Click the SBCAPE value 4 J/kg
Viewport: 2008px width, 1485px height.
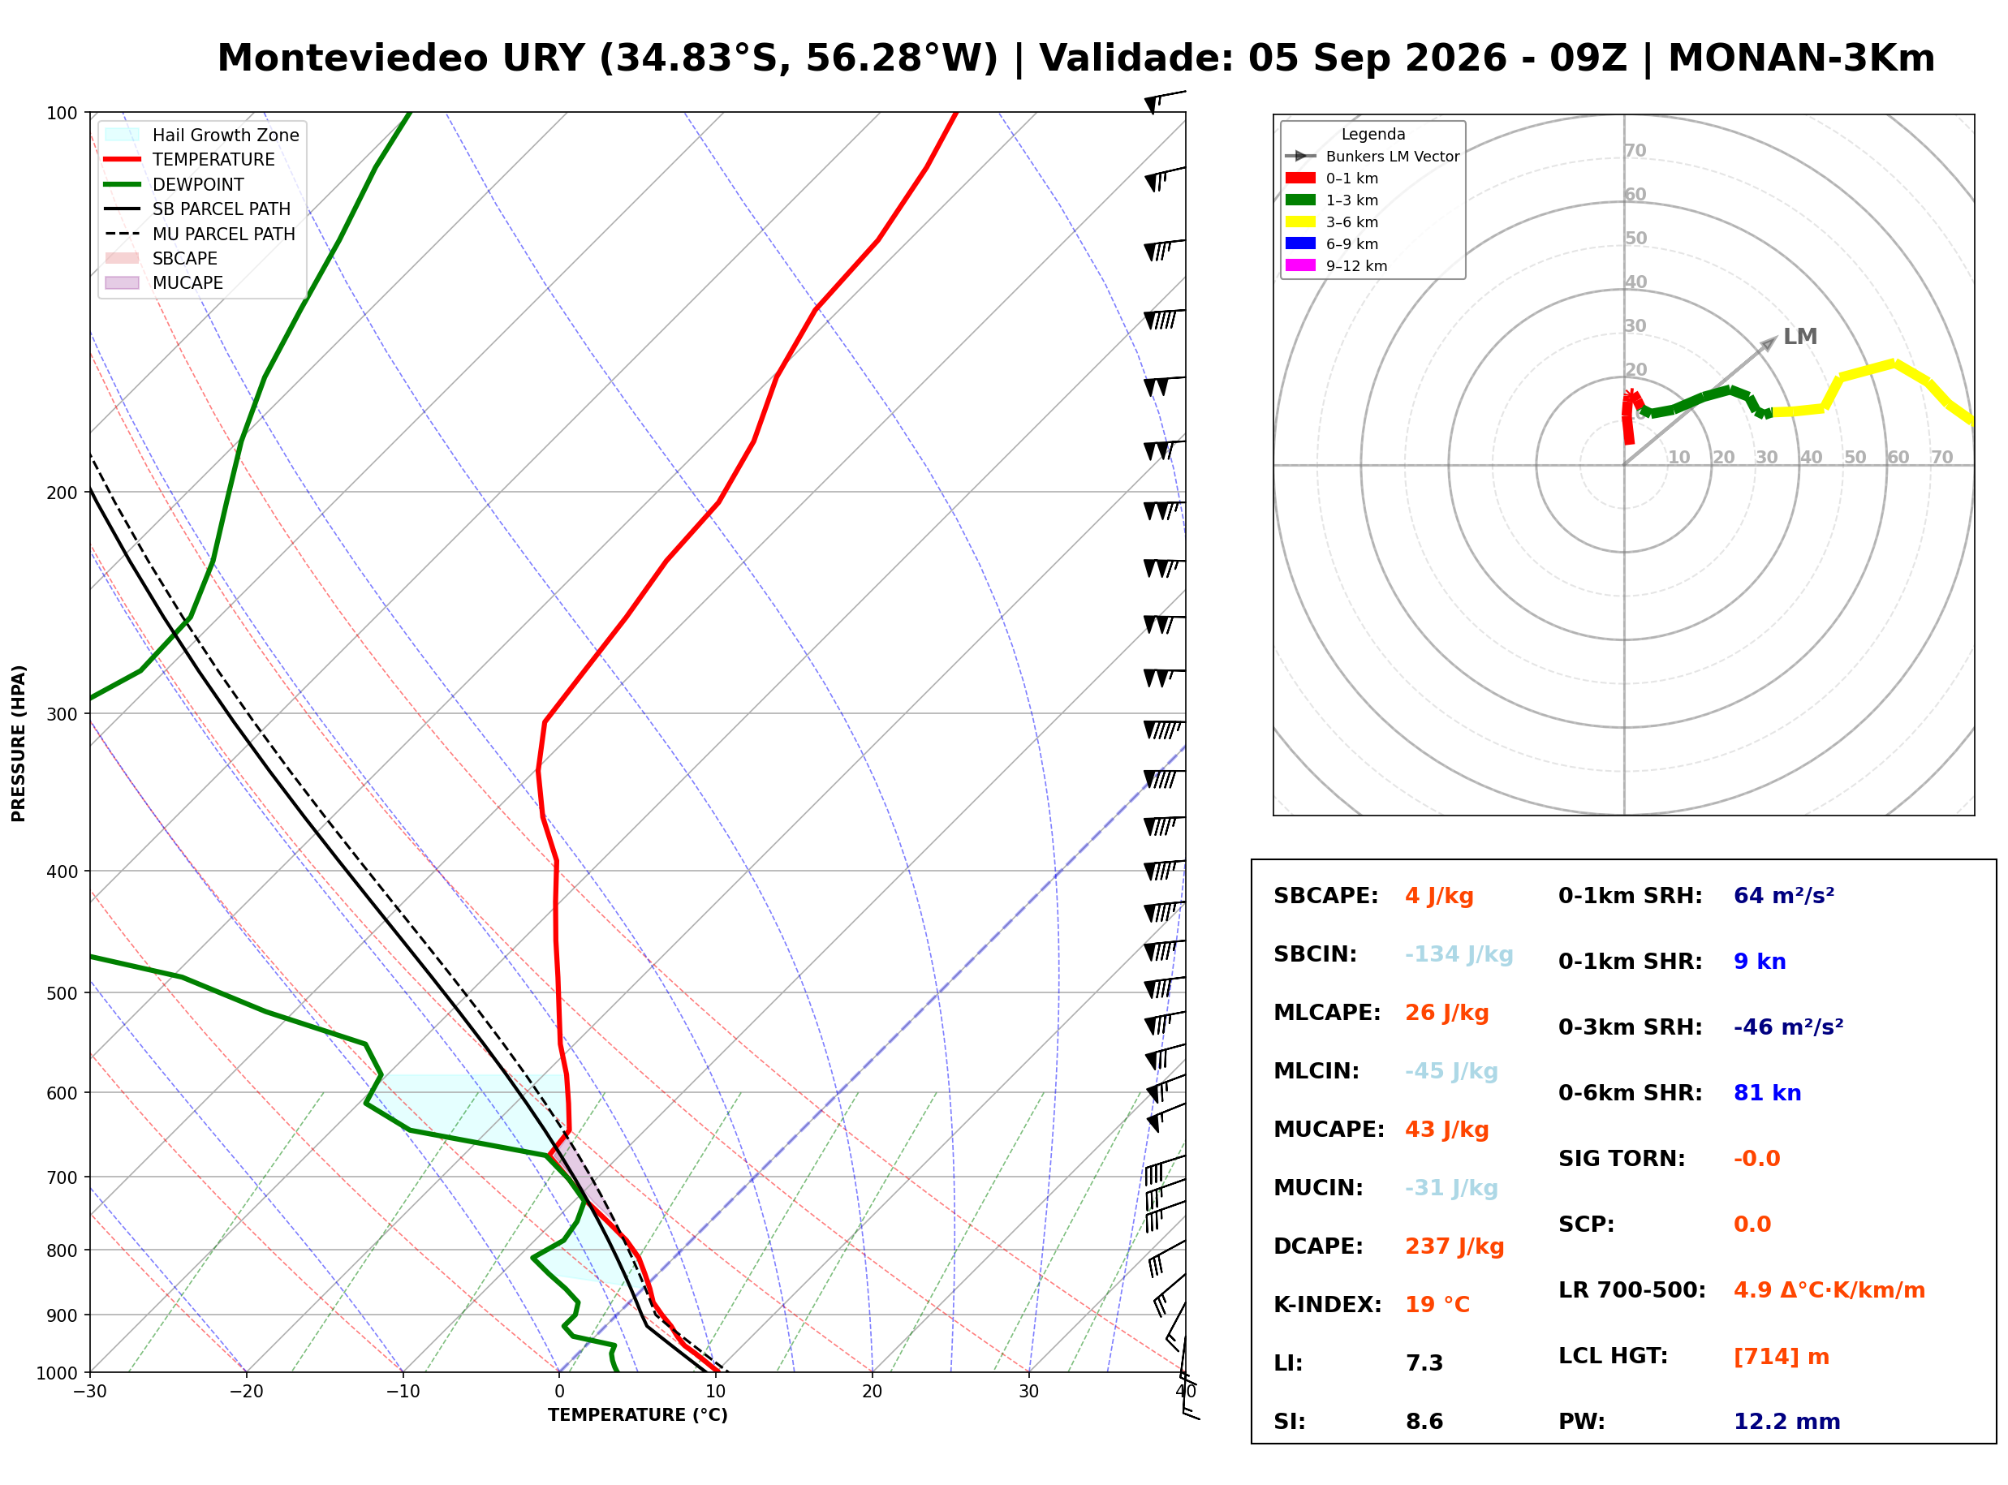coord(1439,896)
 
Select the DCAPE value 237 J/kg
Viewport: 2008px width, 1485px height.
coord(1454,1246)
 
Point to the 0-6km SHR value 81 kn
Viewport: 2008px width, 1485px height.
coord(1767,1093)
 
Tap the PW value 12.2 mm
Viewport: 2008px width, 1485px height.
coord(1787,1422)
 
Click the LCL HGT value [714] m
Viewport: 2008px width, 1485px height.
coord(1782,1357)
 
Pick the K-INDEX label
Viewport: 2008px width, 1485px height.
coord(1328,1305)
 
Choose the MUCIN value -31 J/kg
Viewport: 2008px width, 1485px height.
coord(1452,1188)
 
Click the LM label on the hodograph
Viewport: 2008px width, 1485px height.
coord(1800,337)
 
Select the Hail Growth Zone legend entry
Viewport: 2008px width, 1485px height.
coord(202,135)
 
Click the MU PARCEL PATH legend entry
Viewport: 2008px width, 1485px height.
coord(200,234)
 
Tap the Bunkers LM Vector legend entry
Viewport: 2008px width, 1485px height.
coord(1372,157)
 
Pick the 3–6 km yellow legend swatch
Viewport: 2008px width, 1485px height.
coord(1299,222)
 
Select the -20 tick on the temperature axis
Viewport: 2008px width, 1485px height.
coord(246,1392)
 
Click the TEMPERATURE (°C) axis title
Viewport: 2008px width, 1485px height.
coord(638,1415)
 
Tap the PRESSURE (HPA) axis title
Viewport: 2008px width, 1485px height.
coord(19,743)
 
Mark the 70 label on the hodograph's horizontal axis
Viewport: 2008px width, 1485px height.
coord(1941,458)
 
